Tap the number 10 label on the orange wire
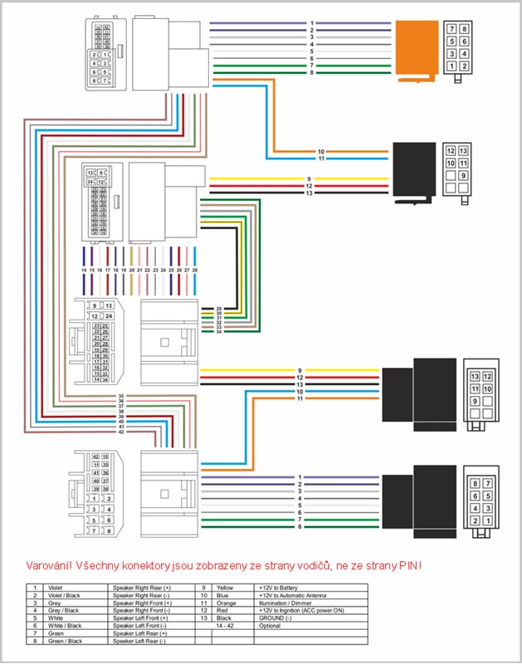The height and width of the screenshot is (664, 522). (321, 152)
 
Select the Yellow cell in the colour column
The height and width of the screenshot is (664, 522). (223, 587)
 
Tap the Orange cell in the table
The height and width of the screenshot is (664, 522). (225, 602)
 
